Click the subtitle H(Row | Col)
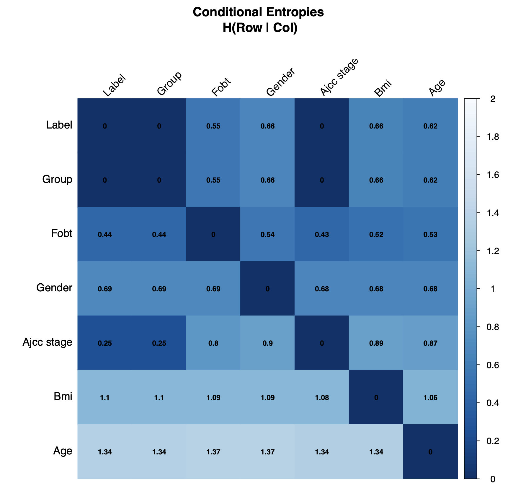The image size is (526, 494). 260,28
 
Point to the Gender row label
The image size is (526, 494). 54,288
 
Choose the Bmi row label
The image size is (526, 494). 63,396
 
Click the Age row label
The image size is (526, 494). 63,451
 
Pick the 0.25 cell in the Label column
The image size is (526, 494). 105,343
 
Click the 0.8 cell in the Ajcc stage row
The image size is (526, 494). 213,343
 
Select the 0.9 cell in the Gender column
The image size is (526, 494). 267,343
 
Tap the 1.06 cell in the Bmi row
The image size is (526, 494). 430,398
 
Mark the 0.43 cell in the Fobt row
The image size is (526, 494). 322,235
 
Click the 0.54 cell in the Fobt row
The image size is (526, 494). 267,235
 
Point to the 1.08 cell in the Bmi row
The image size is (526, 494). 322,398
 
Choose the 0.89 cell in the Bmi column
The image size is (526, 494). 376,343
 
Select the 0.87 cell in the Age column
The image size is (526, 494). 430,343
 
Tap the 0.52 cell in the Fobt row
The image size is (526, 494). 376,235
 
